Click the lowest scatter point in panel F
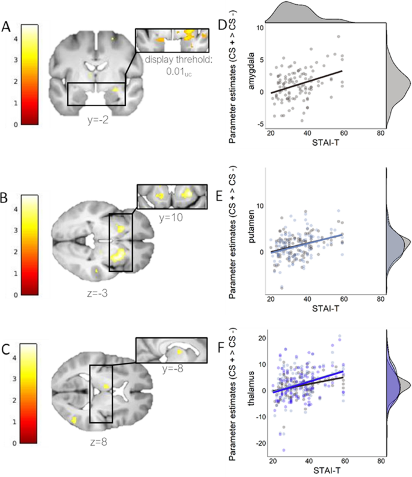coord(283,449)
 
